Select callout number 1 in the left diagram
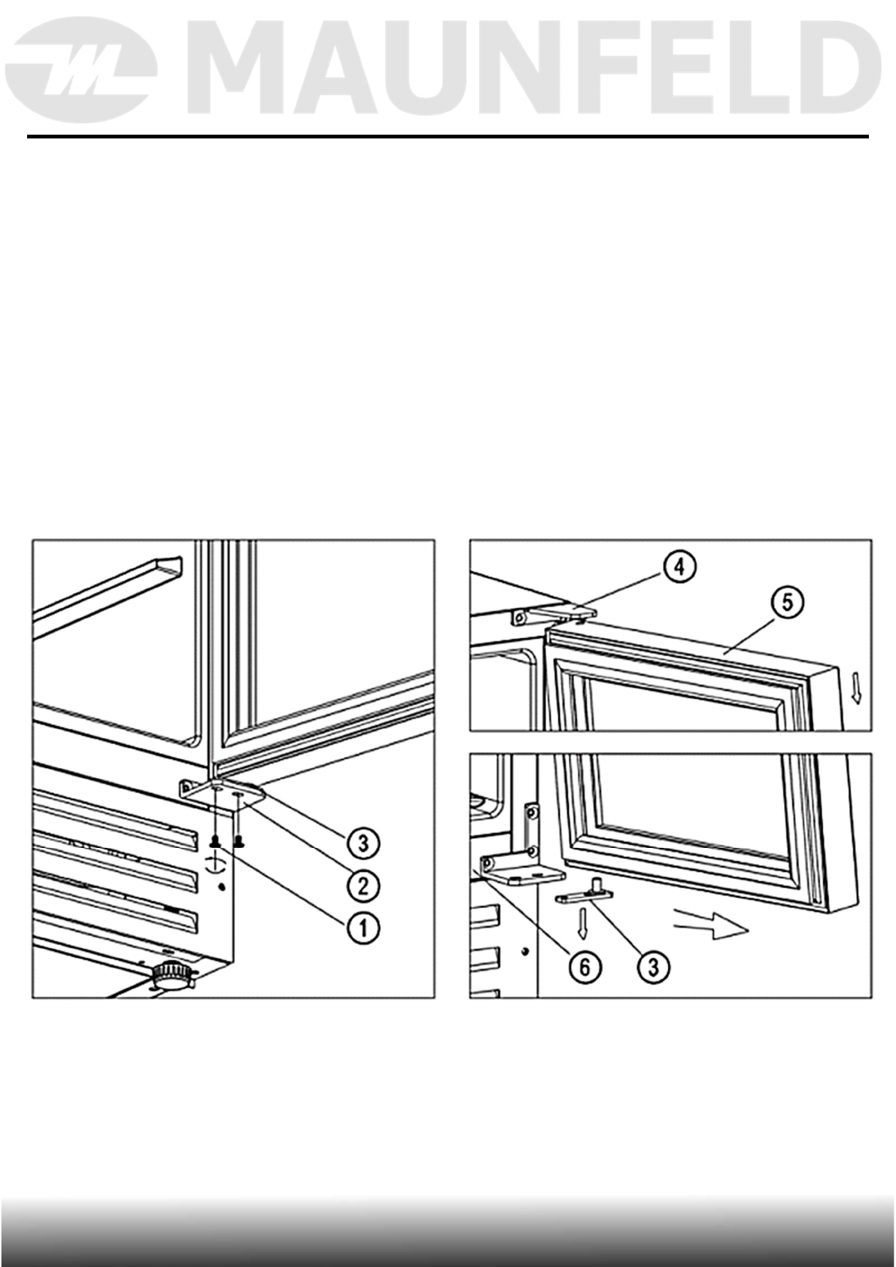(x=363, y=927)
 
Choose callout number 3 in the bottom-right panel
(x=655, y=968)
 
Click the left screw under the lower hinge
(x=217, y=841)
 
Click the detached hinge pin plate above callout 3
(x=585, y=897)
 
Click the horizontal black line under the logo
(x=448, y=137)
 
